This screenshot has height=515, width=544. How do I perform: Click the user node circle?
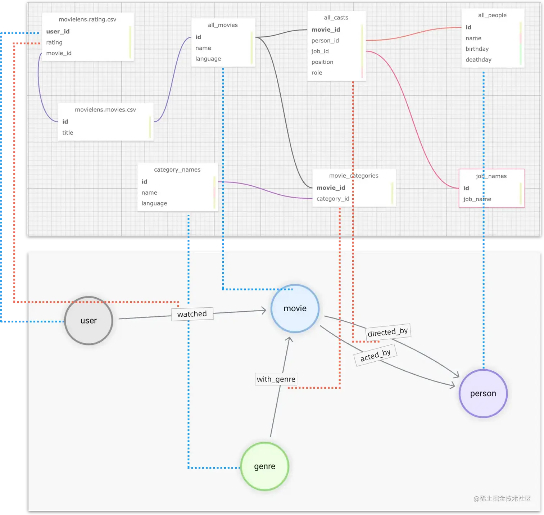point(89,321)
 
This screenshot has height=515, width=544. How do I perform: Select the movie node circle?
point(295,308)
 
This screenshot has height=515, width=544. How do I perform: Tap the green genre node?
point(265,466)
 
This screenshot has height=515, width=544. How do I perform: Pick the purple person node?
point(483,393)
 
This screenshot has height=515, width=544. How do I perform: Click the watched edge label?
point(192,314)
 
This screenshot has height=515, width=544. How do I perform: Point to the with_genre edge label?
point(276,379)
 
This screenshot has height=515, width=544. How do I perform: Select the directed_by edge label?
point(388,331)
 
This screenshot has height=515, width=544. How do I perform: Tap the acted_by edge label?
point(376,355)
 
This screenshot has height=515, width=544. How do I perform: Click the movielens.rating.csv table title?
point(87,19)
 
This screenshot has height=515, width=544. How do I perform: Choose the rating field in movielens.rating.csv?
point(54,42)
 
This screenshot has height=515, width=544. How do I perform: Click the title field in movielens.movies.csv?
point(68,132)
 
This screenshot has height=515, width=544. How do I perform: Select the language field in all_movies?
point(208,59)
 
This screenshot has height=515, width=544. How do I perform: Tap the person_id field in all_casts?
point(325,41)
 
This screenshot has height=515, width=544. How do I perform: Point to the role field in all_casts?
point(317,73)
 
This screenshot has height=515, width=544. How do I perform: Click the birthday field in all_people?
point(477,49)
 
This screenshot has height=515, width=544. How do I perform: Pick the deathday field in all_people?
point(479,60)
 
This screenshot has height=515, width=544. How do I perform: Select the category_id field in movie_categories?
point(333,199)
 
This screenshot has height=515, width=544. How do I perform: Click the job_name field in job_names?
point(477,199)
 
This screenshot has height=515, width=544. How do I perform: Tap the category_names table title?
point(177,170)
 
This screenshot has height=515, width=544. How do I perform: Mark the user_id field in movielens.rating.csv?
point(58,31)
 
